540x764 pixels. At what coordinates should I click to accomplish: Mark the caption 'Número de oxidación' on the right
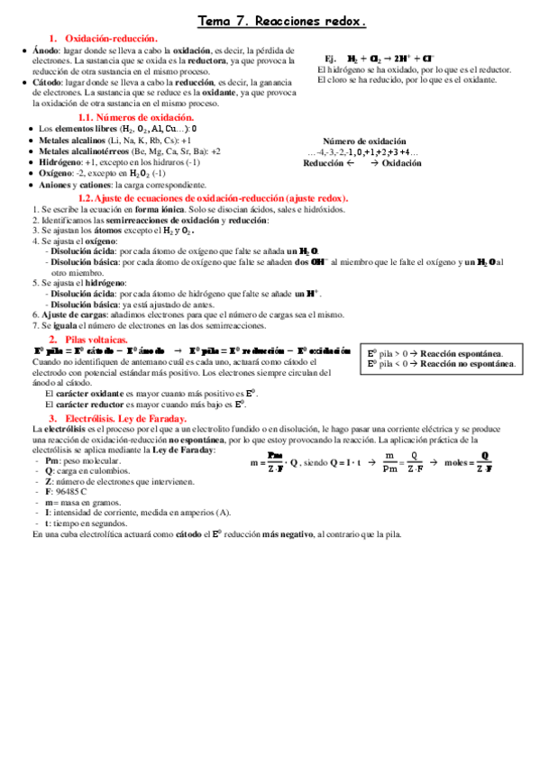pyautogui.click(x=364, y=141)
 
